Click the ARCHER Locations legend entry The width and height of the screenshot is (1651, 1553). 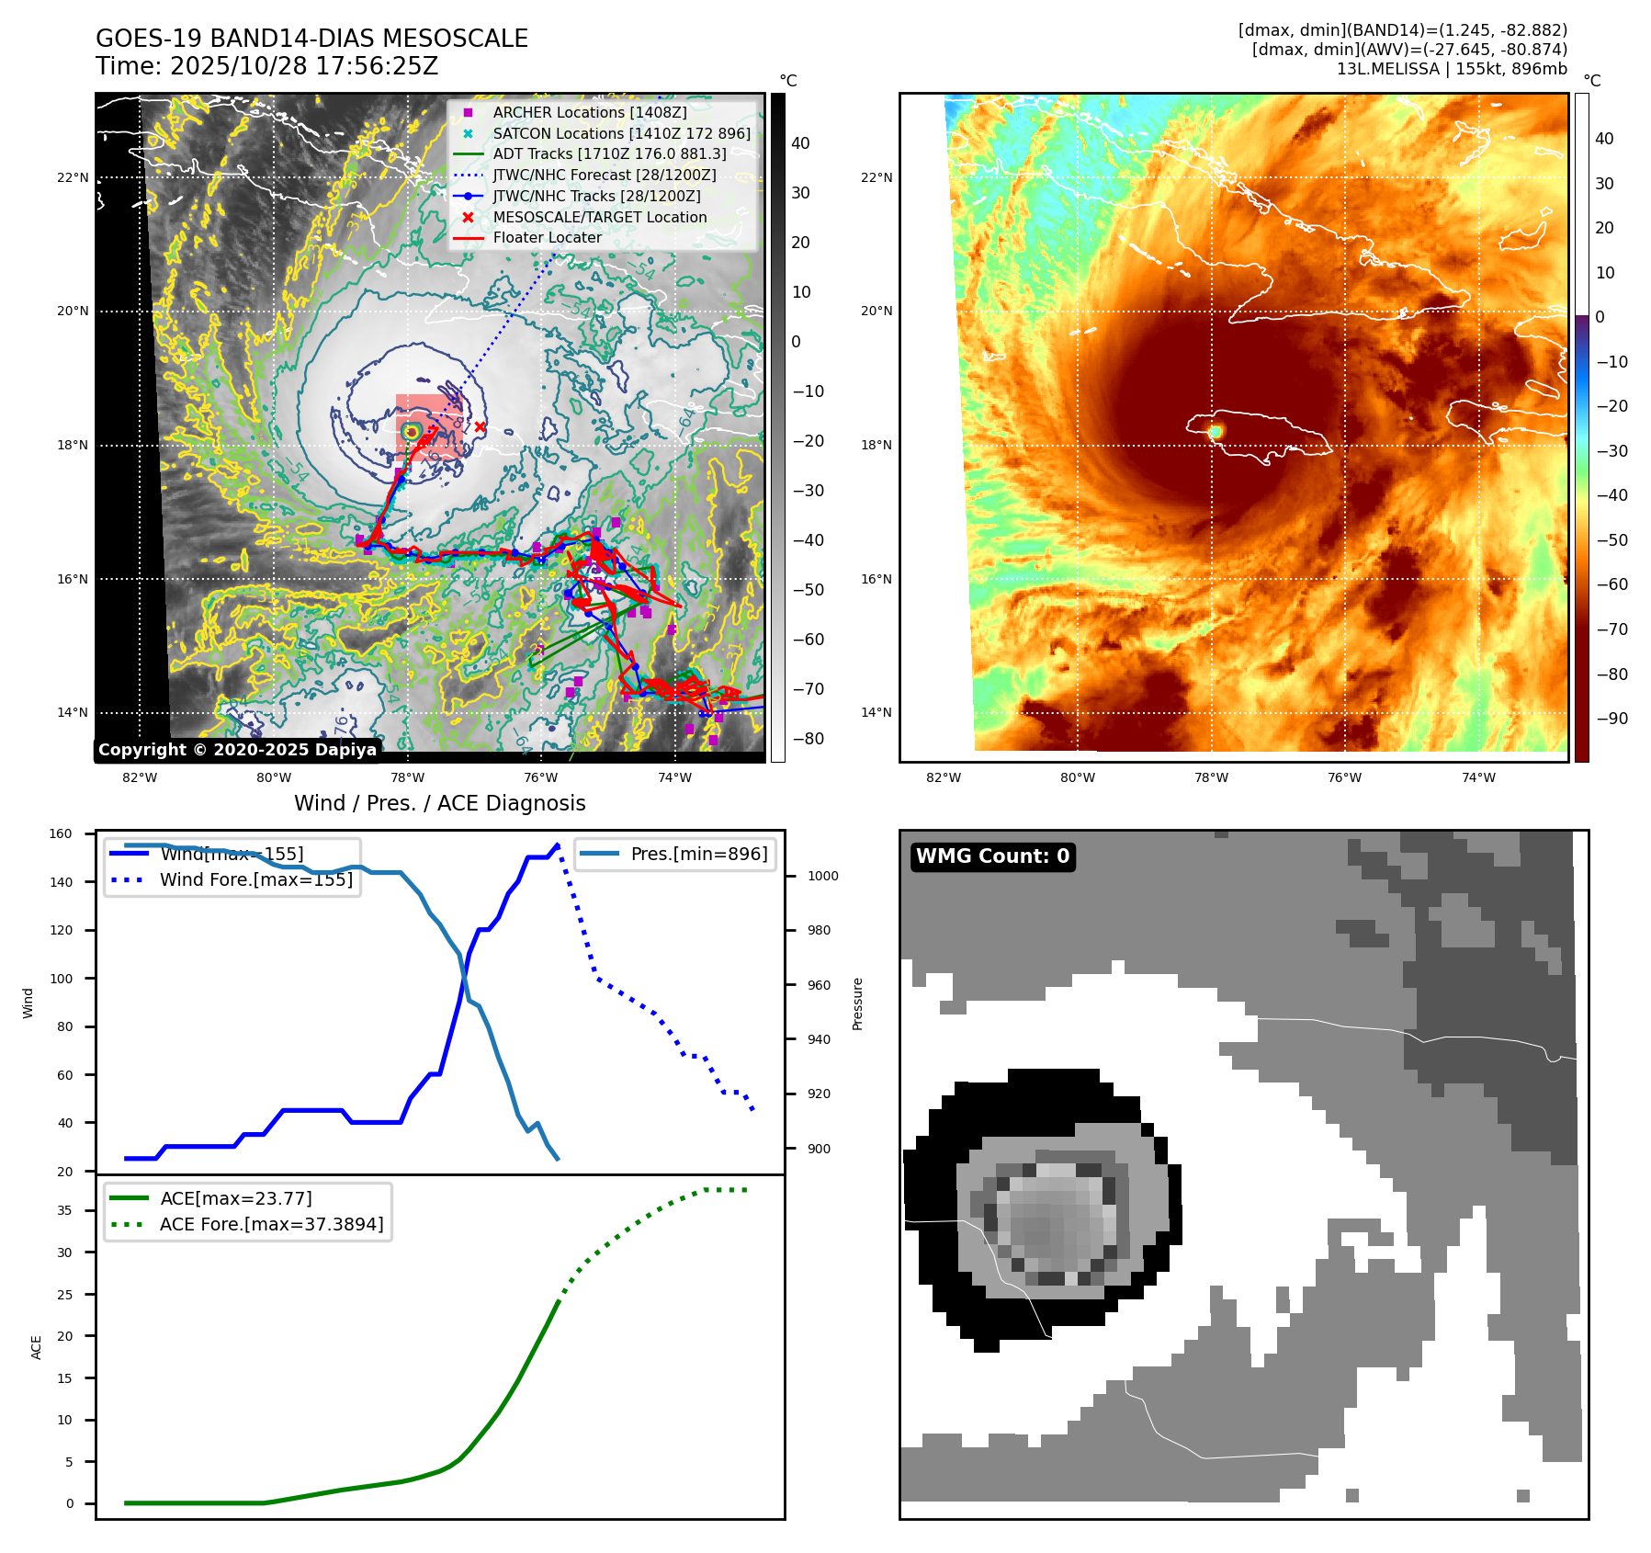[x=589, y=112]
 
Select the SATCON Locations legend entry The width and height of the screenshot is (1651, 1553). [x=621, y=133]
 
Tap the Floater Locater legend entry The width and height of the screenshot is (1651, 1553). [x=547, y=237]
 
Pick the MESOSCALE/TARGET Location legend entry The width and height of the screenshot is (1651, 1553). [x=599, y=217]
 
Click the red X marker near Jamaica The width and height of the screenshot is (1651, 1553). [x=480, y=426]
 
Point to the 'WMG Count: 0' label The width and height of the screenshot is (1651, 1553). [x=992, y=856]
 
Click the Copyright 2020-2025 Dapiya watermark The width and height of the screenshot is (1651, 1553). [x=237, y=750]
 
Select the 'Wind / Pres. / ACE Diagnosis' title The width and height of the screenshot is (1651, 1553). [x=439, y=803]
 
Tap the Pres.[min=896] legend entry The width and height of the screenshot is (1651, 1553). [x=698, y=854]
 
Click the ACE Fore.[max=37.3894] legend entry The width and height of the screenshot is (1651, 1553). [x=271, y=1224]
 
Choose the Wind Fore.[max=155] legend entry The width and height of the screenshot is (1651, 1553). [x=255, y=879]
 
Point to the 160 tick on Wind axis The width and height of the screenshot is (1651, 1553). [x=61, y=834]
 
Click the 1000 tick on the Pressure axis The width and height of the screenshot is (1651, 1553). [x=822, y=877]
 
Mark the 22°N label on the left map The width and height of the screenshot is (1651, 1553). [x=73, y=177]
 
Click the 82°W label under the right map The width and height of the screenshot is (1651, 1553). [x=944, y=777]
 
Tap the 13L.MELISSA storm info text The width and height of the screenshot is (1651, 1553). [x=1452, y=69]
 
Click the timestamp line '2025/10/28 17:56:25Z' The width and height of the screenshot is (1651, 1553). [x=266, y=66]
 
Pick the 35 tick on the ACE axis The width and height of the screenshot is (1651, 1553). [x=64, y=1210]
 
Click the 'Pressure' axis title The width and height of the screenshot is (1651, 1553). [x=857, y=1003]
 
